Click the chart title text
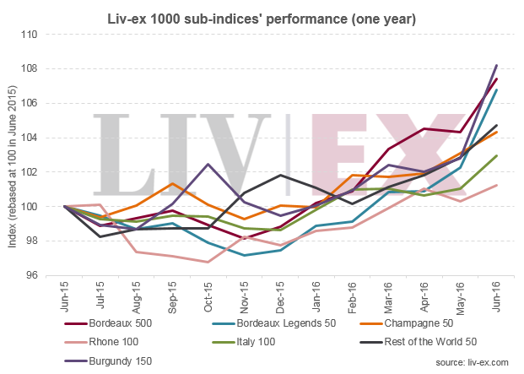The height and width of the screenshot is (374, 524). coord(262,15)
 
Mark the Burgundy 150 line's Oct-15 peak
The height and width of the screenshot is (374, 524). coord(208,164)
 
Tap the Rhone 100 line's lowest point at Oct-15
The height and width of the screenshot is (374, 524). coord(208,262)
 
